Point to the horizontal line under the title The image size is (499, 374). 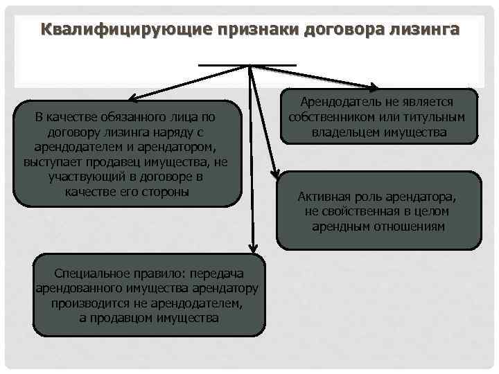pyautogui.click(x=247, y=65)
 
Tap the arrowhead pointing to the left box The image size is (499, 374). pyautogui.click(x=131, y=99)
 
